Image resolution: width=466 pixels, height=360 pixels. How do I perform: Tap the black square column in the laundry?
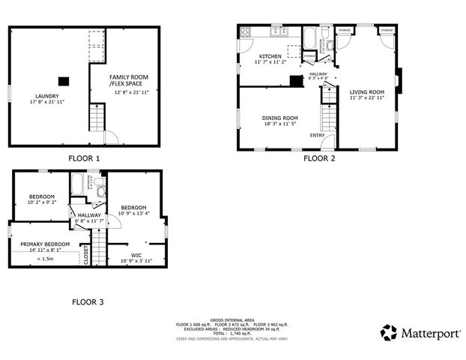pyautogui.click(x=64, y=80)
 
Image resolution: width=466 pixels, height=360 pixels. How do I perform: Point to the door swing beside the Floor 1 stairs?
pyautogui.click(x=109, y=137)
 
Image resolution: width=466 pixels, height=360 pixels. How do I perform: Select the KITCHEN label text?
pyautogui.click(x=270, y=57)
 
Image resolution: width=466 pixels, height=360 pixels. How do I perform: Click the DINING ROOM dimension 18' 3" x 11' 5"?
pyautogui.click(x=279, y=124)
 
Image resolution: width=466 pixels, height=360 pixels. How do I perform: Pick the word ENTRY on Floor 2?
pyautogui.click(x=327, y=134)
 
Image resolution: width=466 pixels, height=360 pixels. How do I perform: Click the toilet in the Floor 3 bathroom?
pyautogui.click(x=100, y=191)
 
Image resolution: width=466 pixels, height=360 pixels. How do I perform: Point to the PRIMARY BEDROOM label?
pyautogui.click(x=45, y=244)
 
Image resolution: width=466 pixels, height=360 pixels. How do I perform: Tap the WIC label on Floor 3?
pyautogui.click(x=136, y=255)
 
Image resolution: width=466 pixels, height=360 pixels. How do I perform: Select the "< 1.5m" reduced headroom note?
pyautogui.click(x=45, y=259)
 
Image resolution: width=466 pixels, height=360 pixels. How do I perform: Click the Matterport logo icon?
pyautogui.click(x=389, y=331)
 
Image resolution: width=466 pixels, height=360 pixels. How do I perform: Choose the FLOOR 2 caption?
pyautogui.click(x=319, y=158)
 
